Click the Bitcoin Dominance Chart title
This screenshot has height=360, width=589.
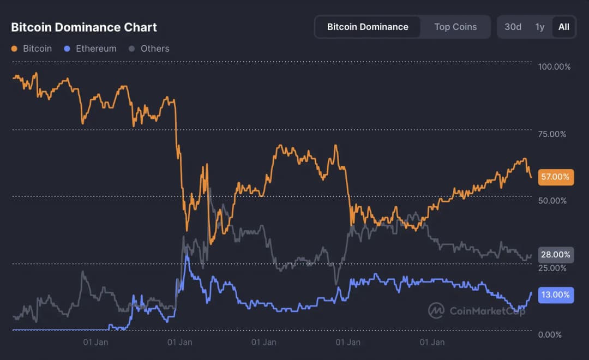coord(84,27)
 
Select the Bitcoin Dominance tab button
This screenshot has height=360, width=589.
coord(368,27)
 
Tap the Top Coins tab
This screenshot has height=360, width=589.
coord(455,27)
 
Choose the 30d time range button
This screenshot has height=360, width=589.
coord(513,27)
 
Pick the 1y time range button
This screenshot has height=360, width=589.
coord(540,27)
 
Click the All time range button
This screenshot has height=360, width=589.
coord(563,27)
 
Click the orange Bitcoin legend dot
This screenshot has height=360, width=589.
coord(14,49)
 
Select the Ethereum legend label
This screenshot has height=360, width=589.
coord(96,49)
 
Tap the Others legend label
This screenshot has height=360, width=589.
coord(155,49)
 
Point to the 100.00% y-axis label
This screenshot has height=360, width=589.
coord(554,67)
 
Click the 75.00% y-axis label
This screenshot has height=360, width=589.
coord(552,134)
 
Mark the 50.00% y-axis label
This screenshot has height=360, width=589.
coord(552,201)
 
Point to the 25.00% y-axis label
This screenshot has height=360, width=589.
coord(552,268)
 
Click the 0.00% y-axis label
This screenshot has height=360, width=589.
coord(550,334)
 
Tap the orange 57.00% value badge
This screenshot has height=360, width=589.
coord(555,177)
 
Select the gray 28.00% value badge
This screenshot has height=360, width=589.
coord(555,255)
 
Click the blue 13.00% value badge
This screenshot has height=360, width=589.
coord(555,295)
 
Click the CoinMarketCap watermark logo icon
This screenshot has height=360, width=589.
coord(436,310)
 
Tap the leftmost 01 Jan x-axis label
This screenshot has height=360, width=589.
coord(95,343)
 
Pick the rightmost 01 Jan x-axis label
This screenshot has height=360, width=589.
coord(432,343)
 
